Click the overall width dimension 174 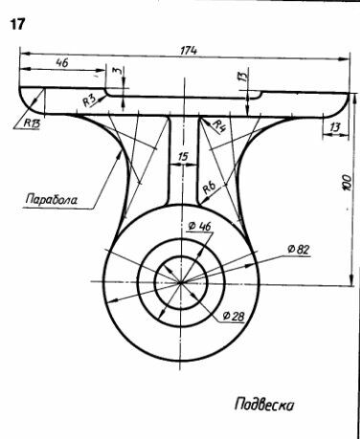[189, 51]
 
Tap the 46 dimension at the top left [62, 63]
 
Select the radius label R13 [32, 123]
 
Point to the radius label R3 [89, 100]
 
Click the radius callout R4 [219, 125]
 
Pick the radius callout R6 [210, 187]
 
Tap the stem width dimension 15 [183, 157]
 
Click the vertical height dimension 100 [347, 183]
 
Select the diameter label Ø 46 [199, 226]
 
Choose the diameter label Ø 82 [299, 250]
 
